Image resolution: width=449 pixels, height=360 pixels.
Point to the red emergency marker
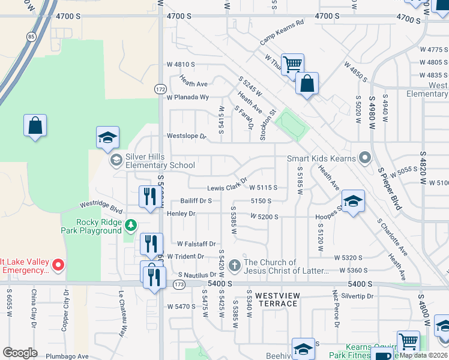click(x=58, y=264)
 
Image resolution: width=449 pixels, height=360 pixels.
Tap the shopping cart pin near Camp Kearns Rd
click(x=292, y=64)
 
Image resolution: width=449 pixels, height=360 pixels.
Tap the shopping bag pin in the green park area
click(x=35, y=126)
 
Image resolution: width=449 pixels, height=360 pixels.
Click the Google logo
click(x=20, y=353)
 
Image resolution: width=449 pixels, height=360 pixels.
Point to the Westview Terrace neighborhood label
click(x=276, y=299)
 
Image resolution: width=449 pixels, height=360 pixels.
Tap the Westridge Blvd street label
click(x=101, y=208)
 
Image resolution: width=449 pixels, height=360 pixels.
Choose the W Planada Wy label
click(x=188, y=97)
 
